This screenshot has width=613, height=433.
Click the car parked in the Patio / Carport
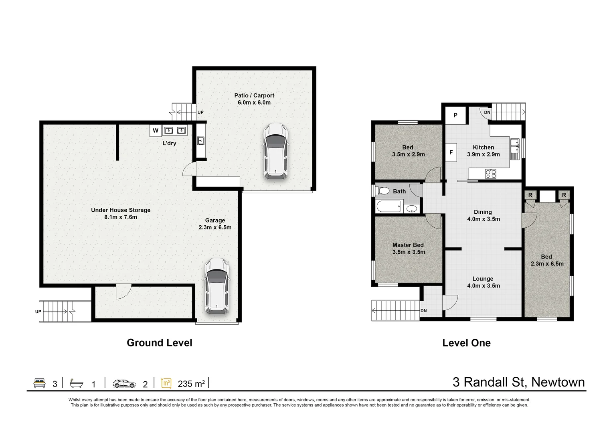tap(275, 152)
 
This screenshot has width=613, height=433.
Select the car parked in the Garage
tap(217, 286)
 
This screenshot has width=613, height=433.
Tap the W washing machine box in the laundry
tap(156, 131)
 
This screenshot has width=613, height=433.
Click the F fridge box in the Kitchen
tap(451, 152)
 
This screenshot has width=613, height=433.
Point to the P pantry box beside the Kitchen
tap(455, 115)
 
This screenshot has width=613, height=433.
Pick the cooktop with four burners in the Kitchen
tap(490, 174)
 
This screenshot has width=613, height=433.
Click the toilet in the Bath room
tap(382, 190)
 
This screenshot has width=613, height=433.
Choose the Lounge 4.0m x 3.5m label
tap(483, 282)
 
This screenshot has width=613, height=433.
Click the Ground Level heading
tap(160, 343)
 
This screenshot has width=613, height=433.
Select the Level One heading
tap(467, 343)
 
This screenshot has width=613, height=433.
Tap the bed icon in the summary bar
tap(39, 383)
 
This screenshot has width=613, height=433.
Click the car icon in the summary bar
tap(124, 384)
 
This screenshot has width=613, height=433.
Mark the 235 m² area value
tap(191, 384)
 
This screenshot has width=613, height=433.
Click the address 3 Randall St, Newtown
tap(519, 382)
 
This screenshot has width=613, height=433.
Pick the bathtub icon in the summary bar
tap(76, 383)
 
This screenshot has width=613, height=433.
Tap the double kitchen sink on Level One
tap(515, 149)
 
